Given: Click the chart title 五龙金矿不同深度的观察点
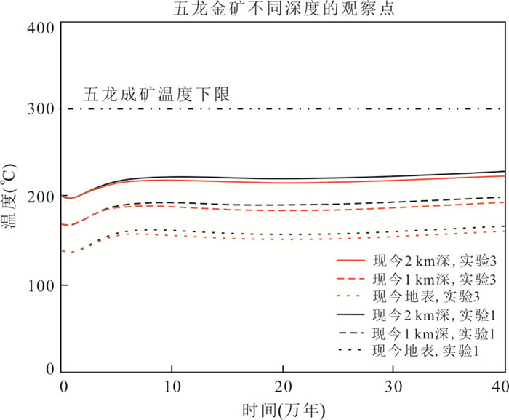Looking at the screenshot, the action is pyautogui.click(x=284, y=9).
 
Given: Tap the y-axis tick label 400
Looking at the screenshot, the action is pyautogui.click(x=41, y=28).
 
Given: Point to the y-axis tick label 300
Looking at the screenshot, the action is pyautogui.click(x=41, y=108).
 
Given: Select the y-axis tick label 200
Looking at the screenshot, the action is pyautogui.click(x=41, y=197).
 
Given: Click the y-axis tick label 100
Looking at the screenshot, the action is pyautogui.click(x=41, y=286).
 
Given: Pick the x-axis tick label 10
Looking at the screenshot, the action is pyautogui.click(x=172, y=387).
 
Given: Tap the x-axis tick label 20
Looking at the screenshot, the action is pyautogui.click(x=283, y=387).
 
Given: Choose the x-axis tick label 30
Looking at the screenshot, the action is pyautogui.click(x=393, y=387).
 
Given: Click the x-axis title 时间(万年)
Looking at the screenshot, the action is pyautogui.click(x=284, y=410).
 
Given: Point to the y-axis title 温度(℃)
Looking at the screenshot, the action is pyautogui.click(x=9, y=197).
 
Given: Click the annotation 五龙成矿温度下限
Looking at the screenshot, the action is pyautogui.click(x=156, y=95).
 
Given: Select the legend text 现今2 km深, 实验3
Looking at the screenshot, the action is pyautogui.click(x=435, y=261).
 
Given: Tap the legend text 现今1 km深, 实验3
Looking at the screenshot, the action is pyautogui.click(x=435, y=279).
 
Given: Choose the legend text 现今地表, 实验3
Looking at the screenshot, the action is pyautogui.click(x=426, y=296).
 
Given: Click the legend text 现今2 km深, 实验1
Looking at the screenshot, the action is pyautogui.click(x=435, y=314).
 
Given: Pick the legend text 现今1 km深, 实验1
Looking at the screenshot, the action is pyautogui.click(x=435, y=333).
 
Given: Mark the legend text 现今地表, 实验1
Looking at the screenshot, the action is pyautogui.click(x=426, y=351).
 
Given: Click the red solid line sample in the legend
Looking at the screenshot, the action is pyautogui.click(x=351, y=261).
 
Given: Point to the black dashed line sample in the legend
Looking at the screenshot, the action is pyautogui.click(x=351, y=333).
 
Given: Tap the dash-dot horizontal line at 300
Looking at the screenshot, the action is pyautogui.click(x=282, y=108).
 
